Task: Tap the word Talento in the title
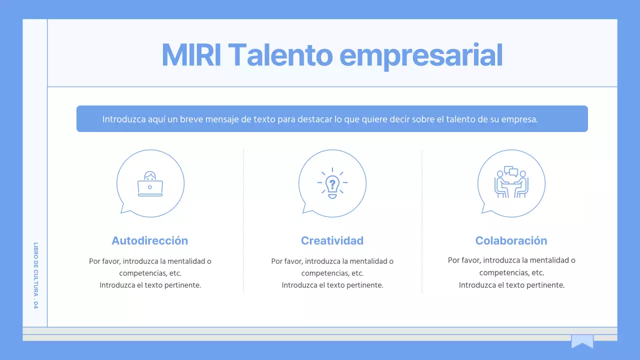point(282,55)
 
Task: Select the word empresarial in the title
point(421,56)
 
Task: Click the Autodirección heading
point(149,240)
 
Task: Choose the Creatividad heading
point(332,240)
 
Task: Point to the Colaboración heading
point(511,240)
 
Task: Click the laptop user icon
point(150,184)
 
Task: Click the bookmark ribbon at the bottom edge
point(582,341)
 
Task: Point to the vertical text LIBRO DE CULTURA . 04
point(35,275)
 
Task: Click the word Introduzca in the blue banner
point(123,119)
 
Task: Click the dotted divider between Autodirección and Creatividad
point(243,220)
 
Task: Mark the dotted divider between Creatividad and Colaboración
point(422,220)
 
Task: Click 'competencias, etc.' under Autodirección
point(150,273)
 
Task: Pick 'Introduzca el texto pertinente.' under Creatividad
point(332,285)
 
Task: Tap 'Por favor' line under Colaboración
point(511,260)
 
